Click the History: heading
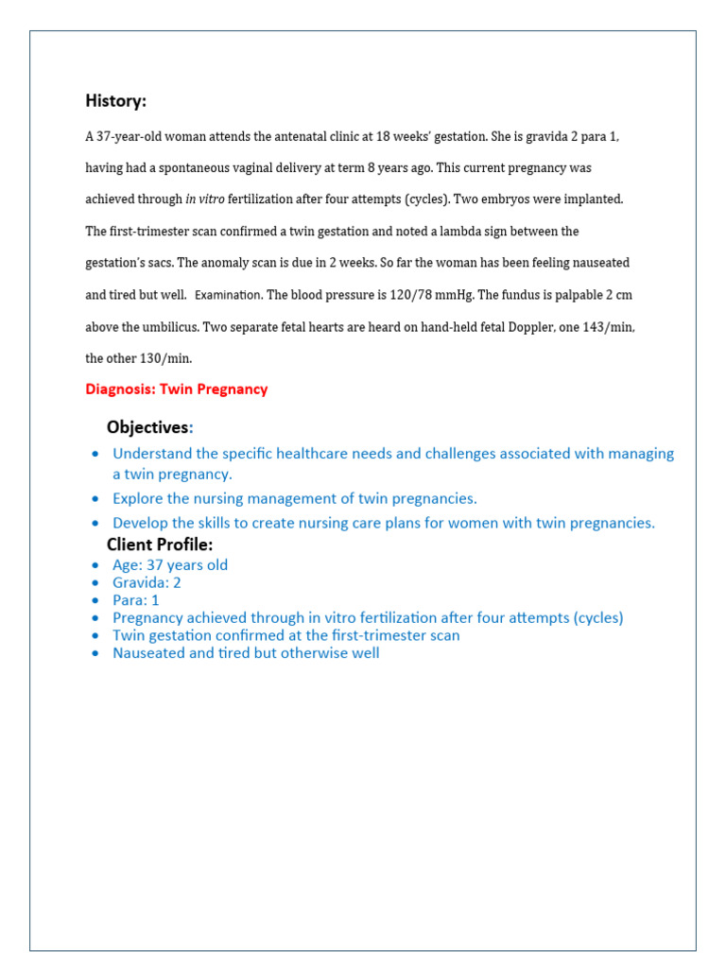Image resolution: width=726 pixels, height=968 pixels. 115,101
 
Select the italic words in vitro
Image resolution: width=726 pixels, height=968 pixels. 204,199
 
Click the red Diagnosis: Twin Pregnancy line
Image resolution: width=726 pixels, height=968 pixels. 177,389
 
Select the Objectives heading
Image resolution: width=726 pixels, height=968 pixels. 147,427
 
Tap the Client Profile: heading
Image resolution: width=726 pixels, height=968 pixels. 160,544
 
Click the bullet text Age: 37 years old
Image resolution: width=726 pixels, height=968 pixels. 170,565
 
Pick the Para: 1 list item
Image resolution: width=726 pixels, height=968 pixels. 136,600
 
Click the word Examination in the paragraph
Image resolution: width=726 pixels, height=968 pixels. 228,295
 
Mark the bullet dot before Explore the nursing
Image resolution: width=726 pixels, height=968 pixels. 95,499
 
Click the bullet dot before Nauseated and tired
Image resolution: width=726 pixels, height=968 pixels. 95,653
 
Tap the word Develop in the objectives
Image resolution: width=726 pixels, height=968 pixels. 139,523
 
